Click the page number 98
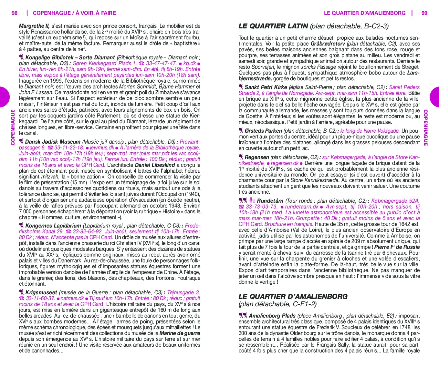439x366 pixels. point(15,13)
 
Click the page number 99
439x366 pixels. point(424,13)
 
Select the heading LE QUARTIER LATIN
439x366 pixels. point(273,26)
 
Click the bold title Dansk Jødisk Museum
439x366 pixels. point(53,142)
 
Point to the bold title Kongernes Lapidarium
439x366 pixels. point(53,226)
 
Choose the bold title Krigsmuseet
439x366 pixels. point(41,292)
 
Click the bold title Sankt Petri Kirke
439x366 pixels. point(266,87)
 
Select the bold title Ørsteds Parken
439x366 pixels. point(263,131)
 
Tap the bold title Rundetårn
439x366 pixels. point(270,201)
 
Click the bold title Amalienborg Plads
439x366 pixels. point(272,316)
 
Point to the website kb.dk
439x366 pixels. point(189,63)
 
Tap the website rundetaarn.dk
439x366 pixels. point(301,207)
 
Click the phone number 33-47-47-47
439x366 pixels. point(161,63)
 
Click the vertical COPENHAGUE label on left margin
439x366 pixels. point(13,127)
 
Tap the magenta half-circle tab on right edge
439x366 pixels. point(435,97)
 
